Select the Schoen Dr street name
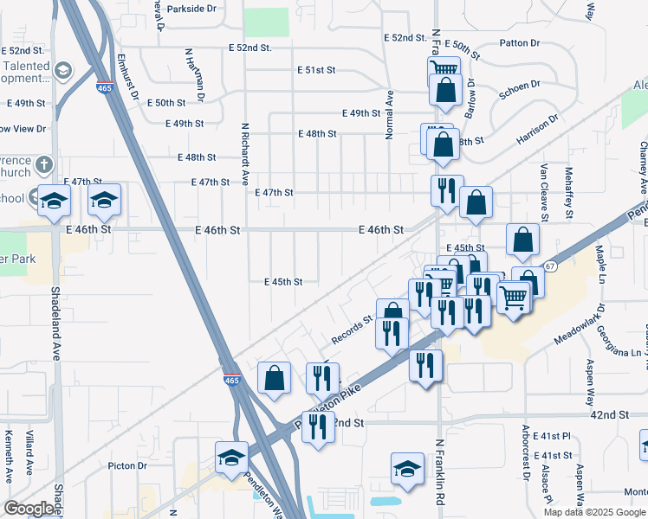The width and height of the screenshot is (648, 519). [x=521, y=86]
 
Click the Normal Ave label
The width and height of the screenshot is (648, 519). [x=390, y=114]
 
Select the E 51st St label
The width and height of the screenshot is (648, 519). [x=315, y=69]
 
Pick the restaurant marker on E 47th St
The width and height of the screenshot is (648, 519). [x=447, y=190]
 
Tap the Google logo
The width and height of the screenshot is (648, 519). [x=29, y=509]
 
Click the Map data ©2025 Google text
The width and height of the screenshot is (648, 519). [x=593, y=511]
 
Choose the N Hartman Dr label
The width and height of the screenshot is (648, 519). [x=188, y=70]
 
